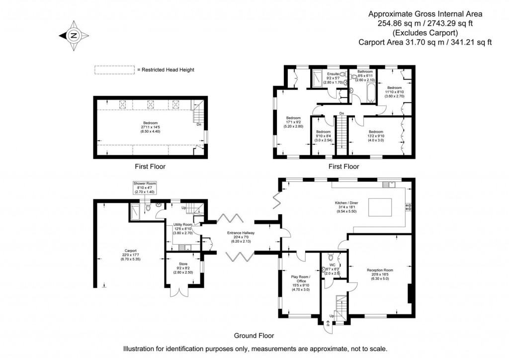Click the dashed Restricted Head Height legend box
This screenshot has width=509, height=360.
point(114,70)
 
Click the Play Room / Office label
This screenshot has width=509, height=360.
point(300,282)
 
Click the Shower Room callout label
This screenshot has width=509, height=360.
point(145,187)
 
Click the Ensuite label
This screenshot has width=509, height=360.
point(326,78)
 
